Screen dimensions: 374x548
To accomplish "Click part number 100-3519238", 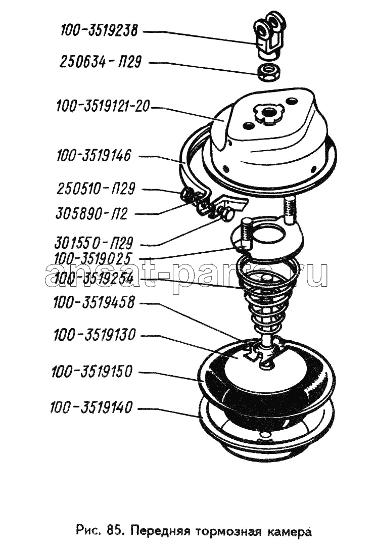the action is point(99,31).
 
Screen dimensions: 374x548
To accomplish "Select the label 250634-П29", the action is point(100,62).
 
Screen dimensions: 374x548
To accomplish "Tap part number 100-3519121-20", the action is point(103,106).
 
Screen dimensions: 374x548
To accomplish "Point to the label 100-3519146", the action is point(93,156).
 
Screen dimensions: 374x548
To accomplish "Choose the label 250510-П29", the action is point(96,189).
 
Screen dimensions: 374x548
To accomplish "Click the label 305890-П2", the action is point(91,213).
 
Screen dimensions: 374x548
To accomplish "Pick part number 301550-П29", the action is point(93,242).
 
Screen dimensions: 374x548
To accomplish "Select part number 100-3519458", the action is point(93,303).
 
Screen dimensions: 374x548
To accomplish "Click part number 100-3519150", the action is point(92,372).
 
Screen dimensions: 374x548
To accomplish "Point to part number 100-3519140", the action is point(91,407).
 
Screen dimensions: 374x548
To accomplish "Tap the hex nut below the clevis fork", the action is point(268,73).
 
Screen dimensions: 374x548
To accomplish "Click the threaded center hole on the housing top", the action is point(269,113).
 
